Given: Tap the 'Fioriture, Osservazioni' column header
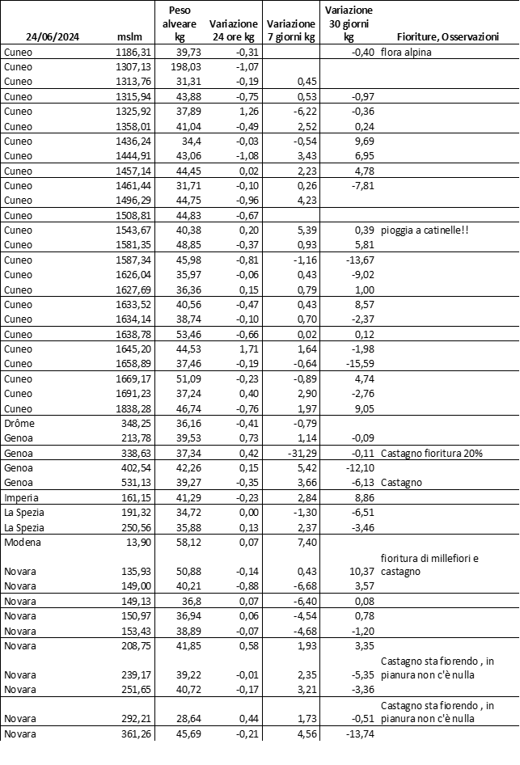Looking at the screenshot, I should (x=447, y=37).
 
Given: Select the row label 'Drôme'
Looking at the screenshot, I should (x=19, y=423).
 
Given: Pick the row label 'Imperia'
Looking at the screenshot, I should (x=22, y=497).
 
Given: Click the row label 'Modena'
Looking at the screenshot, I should (x=22, y=541).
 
